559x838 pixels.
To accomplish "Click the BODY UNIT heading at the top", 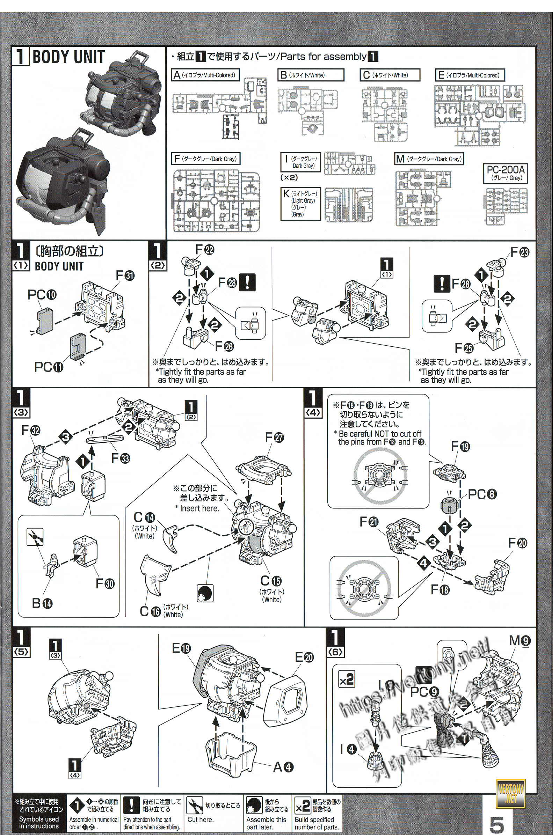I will pos(68,57).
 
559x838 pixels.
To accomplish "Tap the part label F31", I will pos(125,275).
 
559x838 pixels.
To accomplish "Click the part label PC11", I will pos(49,367).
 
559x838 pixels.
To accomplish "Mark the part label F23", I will pos(520,252).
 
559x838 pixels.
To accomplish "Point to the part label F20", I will pos(517,543).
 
